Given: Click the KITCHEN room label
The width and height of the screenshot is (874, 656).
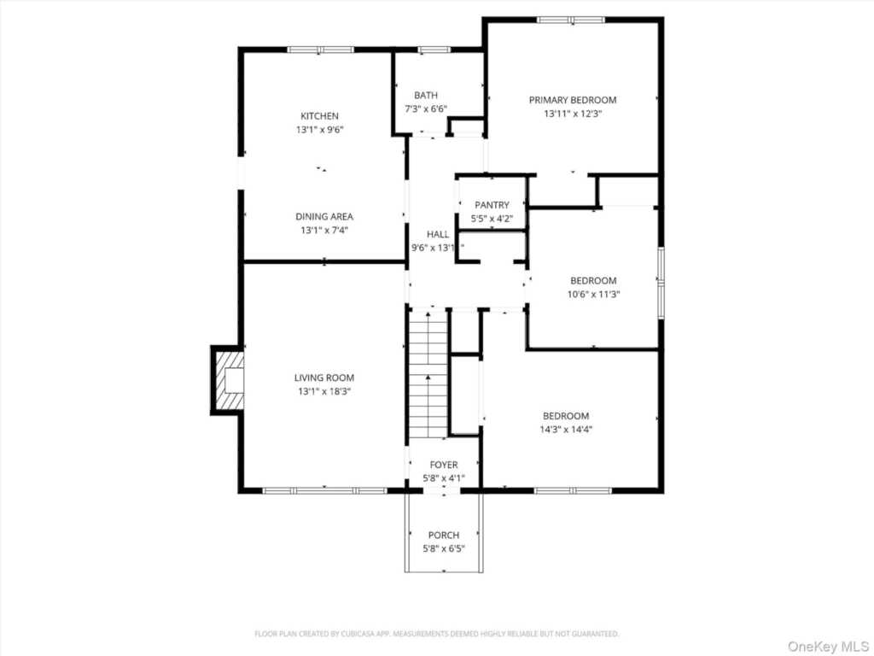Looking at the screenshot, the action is pos(319,116).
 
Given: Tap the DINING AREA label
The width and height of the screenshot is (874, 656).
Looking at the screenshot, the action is pos(324,216).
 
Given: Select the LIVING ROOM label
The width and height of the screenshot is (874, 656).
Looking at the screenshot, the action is pos(324,378).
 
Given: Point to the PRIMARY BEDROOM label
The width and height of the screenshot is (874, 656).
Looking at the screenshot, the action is pos(573,100).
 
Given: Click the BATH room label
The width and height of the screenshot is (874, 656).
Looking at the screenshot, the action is pos(426,96).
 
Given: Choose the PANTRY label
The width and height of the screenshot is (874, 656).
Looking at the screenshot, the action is pos(492,205).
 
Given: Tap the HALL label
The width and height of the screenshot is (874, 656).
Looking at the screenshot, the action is pos(438,234).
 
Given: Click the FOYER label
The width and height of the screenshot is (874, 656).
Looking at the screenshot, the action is pos(444,465).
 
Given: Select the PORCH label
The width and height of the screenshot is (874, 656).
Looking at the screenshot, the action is pos(444,535).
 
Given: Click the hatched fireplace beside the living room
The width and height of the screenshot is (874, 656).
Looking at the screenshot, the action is pos(229,380).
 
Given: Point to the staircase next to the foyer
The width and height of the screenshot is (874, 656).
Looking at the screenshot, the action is pos(428,375).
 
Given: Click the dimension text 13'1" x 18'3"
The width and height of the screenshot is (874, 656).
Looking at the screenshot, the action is pos(324,391).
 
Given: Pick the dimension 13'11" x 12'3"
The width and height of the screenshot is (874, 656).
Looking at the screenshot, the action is pos(573,114).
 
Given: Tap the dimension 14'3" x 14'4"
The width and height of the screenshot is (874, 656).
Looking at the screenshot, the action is pos(566,430).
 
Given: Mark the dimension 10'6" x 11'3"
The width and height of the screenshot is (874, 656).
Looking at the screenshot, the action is pos(594,295).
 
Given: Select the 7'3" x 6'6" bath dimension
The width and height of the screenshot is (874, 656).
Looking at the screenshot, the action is pos(426,108).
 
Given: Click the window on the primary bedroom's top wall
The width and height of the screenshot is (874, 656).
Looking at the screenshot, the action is pos(571,20).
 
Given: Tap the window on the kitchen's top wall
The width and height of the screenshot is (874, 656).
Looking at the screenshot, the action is pos(321,50).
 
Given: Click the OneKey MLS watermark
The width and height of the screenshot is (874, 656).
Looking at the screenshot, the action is pos(828,646).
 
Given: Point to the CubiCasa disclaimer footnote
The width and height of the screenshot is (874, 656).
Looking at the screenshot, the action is pos(436,634).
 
